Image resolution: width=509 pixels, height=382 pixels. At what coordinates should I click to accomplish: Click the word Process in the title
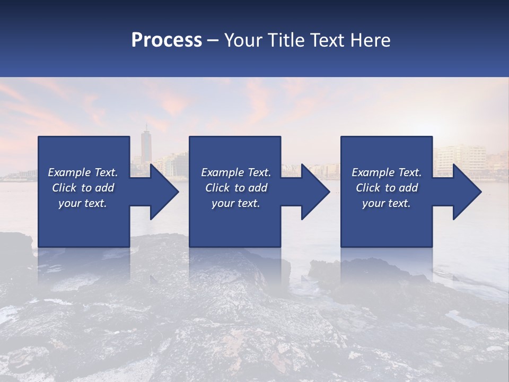click(166, 40)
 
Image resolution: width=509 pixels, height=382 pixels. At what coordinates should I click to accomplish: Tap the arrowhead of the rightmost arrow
click(466, 192)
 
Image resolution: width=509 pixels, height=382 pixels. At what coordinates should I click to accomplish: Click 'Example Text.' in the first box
click(83, 172)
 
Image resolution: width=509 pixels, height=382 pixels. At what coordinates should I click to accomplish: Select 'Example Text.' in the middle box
click(236, 172)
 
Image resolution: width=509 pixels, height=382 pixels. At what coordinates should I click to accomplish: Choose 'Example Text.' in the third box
click(387, 172)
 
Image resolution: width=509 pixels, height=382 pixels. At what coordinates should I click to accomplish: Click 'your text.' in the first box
click(83, 203)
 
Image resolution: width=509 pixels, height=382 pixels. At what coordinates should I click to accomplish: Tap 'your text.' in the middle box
click(236, 203)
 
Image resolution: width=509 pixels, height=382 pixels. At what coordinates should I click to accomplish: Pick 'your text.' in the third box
click(387, 203)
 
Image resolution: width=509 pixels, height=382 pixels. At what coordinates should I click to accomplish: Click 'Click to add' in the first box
click(83, 188)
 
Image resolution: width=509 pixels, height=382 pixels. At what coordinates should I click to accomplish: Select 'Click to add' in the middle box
click(236, 188)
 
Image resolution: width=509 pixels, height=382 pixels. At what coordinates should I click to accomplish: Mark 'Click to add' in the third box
click(387, 188)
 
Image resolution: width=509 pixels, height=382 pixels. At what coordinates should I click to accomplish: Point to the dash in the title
click(213, 40)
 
